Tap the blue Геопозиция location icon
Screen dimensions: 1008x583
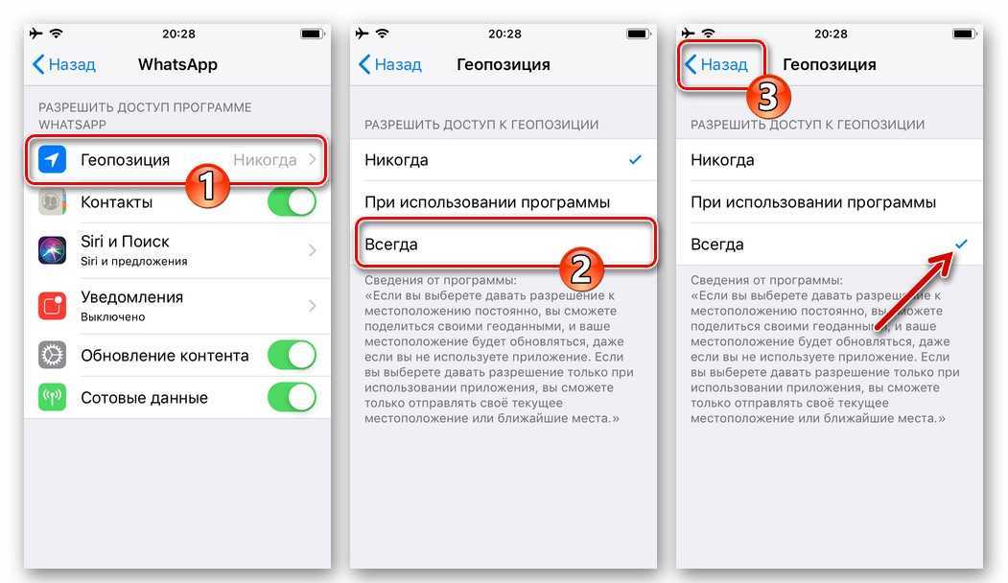(x=52, y=159)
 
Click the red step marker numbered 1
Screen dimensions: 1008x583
(x=207, y=186)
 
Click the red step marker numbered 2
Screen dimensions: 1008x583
(x=580, y=268)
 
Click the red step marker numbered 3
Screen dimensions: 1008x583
(x=768, y=97)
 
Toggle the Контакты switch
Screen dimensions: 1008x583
(x=292, y=201)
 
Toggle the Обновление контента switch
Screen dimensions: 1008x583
(x=292, y=356)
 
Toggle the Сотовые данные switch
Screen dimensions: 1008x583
(x=292, y=397)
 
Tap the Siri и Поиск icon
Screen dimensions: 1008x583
(x=52, y=250)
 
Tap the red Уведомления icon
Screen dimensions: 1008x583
(x=52, y=305)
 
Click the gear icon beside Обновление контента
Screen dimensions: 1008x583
(x=52, y=355)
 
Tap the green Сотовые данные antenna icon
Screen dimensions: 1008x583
(x=52, y=397)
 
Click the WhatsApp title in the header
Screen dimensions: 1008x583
(x=177, y=64)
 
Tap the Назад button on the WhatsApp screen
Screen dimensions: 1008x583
(x=63, y=64)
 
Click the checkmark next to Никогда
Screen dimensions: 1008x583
(x=635, y=159)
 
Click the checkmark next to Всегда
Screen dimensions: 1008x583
(x=961, y=244)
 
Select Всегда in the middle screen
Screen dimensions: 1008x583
(x=391, y=245)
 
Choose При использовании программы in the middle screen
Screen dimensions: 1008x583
(x=486, y=202)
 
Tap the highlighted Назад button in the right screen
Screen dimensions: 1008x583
(x=715, y=64)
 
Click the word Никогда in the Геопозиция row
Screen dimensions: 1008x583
(x=265, y=160)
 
